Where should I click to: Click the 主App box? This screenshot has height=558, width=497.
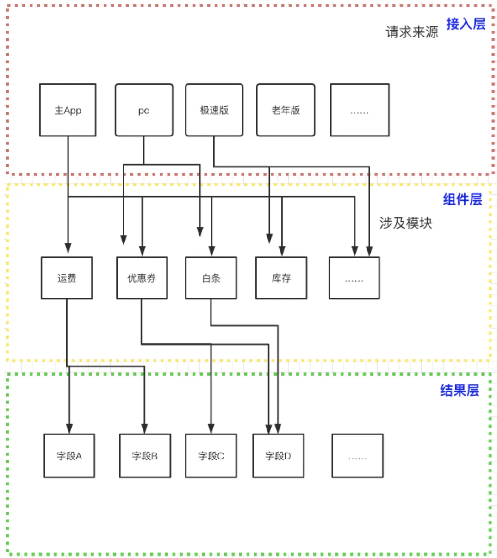(68, 110)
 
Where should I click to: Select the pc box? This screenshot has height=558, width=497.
(144, 110)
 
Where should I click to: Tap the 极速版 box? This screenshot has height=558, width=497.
(214, 110)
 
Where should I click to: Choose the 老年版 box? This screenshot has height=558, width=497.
(286, 110)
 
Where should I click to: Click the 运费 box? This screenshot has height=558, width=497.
(67, 278)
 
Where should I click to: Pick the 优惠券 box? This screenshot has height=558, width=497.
(142, 278)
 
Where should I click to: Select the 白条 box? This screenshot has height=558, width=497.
(211, 278)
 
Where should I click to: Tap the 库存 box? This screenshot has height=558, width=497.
(281, 278)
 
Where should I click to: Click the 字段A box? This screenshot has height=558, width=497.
(69, 456)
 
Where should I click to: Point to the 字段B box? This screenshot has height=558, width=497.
(145, 456)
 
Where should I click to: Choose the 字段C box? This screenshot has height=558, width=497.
(211, 456)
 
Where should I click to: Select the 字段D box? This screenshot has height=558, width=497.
(278, 456)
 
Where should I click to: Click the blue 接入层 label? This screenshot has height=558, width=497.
(466, 24)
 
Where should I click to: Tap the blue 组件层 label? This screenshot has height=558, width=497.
(462, 199)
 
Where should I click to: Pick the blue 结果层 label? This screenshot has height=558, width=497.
(460, 391)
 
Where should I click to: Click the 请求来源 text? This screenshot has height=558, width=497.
(412, 32)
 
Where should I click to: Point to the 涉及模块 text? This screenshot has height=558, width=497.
(405, 223)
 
